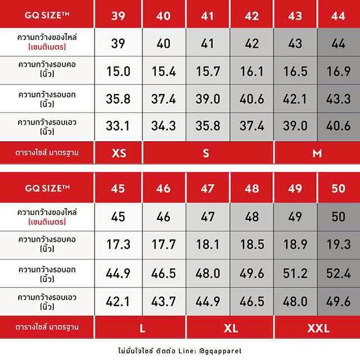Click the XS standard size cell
pos(118,153)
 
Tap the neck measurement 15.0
pos(118,71)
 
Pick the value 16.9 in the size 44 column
pos(338,71)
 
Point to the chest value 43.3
pos(338,99)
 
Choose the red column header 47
pos(208,188)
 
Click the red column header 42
pos(252,16)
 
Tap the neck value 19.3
pos(338,245)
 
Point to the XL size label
pos(229,327)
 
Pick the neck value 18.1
pos(208,245)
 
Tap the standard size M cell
pos(317,153)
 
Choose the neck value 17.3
pos(118,245)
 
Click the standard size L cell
pos(141,327)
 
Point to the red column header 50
pos(338,188)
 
